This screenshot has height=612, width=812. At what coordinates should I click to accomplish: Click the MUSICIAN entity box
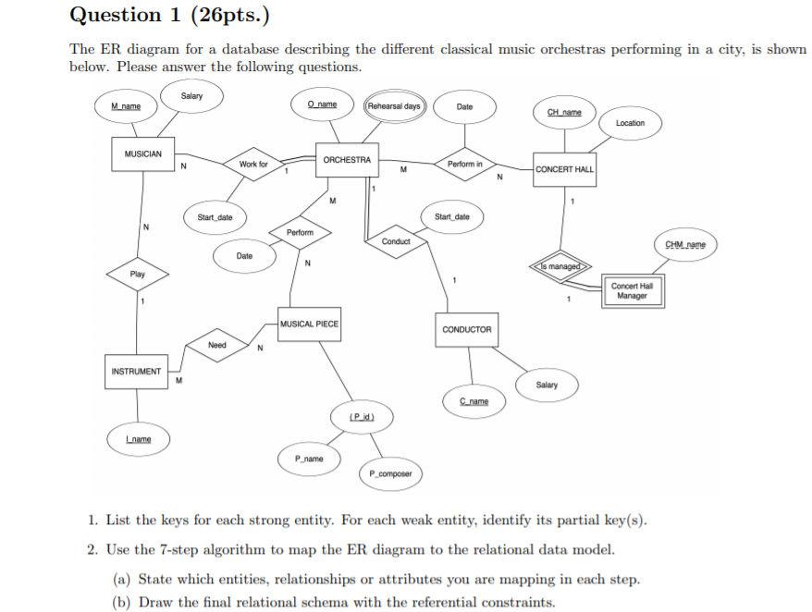(x=142, y=153)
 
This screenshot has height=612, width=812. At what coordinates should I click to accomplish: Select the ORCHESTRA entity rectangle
(x=347, y=160)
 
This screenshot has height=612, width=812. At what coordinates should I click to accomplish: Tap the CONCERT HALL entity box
(x=565, y=169)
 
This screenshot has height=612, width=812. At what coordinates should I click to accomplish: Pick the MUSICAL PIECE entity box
(x=309, y=324)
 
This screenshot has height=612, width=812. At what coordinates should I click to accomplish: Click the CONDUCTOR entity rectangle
(x=467, y=329)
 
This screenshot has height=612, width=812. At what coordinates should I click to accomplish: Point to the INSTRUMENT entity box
(x=136, y=372)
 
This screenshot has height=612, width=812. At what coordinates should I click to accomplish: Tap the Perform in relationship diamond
(x=464, y=164)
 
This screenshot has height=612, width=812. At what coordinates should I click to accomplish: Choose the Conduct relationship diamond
(x=396, y=241)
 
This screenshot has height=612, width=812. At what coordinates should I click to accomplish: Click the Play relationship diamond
(x=137, y=275)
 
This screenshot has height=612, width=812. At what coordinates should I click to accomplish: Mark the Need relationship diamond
(x=217, y=345)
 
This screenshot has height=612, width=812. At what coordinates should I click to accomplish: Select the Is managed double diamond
(x=559, y=266)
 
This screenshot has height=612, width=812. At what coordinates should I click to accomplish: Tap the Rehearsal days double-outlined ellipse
(x=394, y=106)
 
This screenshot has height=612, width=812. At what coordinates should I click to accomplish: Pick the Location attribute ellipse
(x=630, y=123)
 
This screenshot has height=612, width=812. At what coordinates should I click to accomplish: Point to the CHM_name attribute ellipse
(x=685, y=245)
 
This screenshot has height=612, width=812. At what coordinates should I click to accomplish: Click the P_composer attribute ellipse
(x=390, y=473)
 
